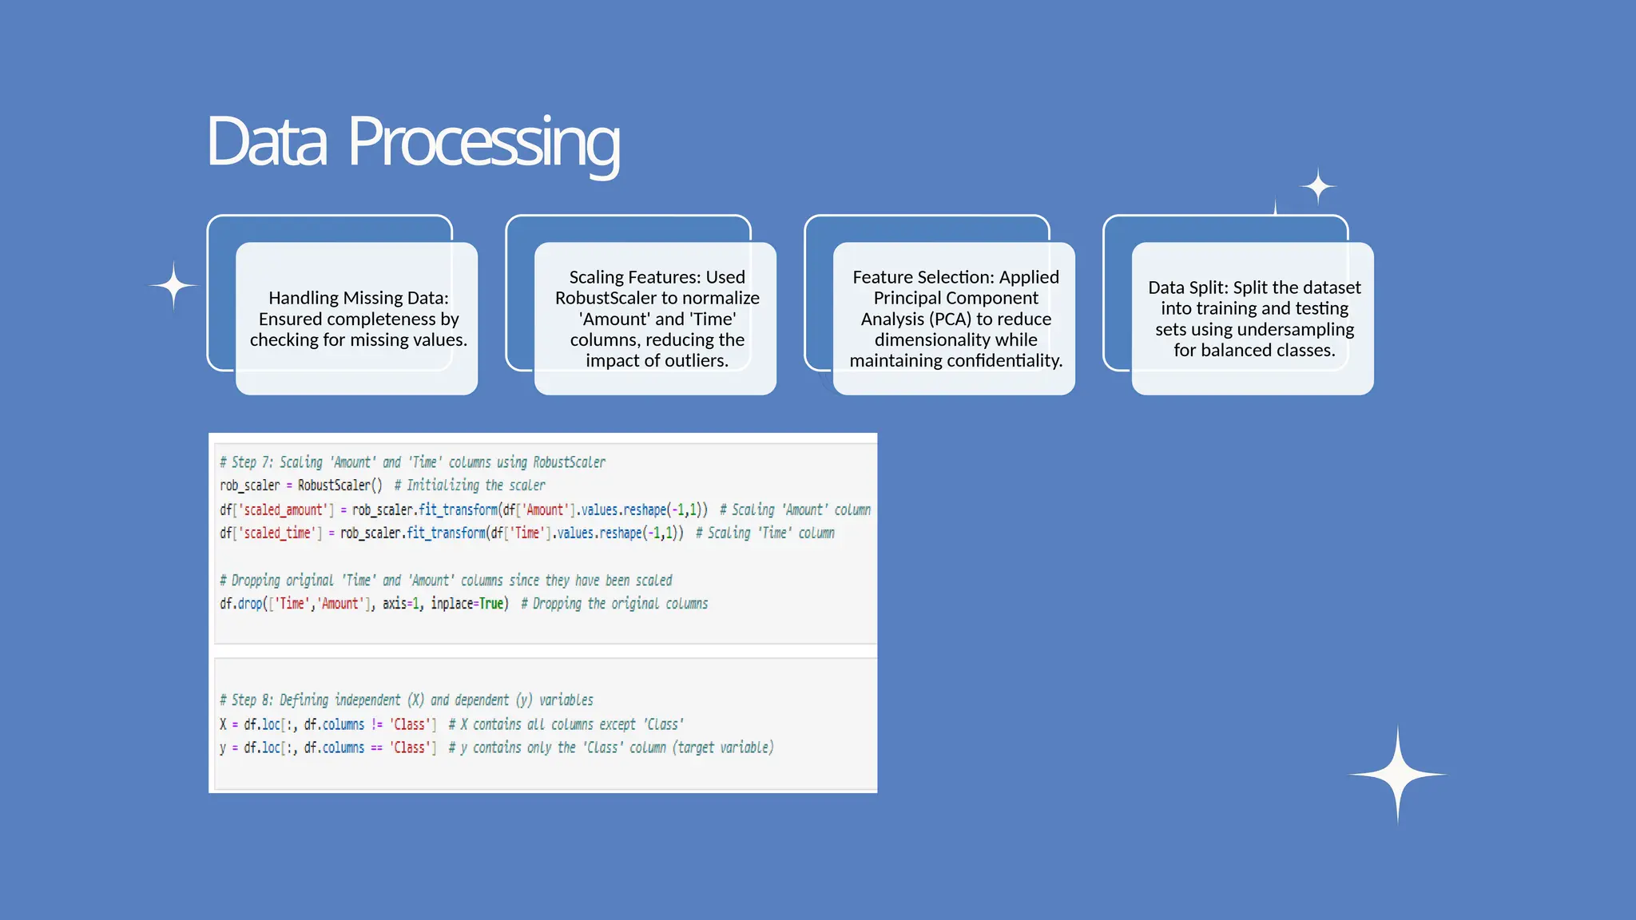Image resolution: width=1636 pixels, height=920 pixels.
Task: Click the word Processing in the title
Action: (x=483, y=142)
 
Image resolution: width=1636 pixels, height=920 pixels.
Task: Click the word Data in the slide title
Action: (x=266, y=142)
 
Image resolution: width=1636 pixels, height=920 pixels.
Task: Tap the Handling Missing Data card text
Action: (x=358, y=319)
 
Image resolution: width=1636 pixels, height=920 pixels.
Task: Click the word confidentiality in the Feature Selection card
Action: (x=1005, y=360)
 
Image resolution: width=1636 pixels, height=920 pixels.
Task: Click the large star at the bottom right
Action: (x=1397, y=774)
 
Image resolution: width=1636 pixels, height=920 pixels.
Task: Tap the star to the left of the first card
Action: (x=173, y=285)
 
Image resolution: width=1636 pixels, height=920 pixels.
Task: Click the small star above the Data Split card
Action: (x=1317, y=187)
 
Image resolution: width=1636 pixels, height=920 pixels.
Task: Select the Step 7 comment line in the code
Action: (x=412, y=462)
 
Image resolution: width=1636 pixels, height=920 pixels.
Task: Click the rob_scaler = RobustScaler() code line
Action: (x=301, y=486)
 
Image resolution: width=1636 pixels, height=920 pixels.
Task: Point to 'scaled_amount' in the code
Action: (x=284, y=510)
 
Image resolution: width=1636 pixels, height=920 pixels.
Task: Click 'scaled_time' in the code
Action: (x=277, y=533)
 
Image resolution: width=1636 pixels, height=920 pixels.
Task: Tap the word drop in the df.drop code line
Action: (x=250, y=604)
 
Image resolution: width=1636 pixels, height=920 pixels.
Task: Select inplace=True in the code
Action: (x=469, y=604)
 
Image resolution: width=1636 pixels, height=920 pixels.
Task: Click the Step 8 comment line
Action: (x=406, y=700)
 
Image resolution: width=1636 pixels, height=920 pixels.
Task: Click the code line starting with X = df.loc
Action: (x=328, y=724)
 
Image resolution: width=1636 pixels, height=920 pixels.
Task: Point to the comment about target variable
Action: (x=610, y=747)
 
